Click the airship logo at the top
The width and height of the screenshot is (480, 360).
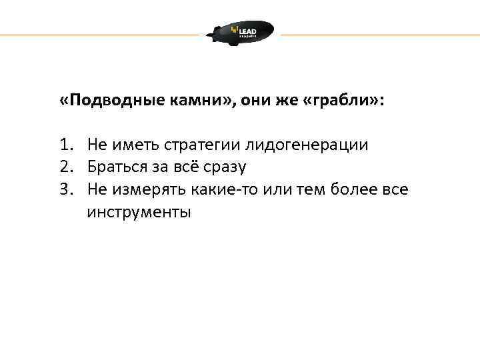coord(240,33)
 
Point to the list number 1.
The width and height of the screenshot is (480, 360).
coord(65,145)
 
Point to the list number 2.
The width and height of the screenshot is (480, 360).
coord(65,167)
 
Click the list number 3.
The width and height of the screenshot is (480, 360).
coord(65,190)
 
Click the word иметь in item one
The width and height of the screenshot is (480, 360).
coord(133,145)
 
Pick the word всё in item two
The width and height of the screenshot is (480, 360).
coord(185,167)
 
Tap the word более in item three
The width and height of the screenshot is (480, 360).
coord(351,190)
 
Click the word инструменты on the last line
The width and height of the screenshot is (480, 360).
coord(139,213)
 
